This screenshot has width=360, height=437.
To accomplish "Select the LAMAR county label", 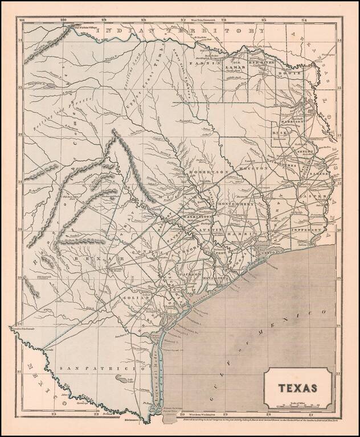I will pyautogui.click(x=235, y=67).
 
